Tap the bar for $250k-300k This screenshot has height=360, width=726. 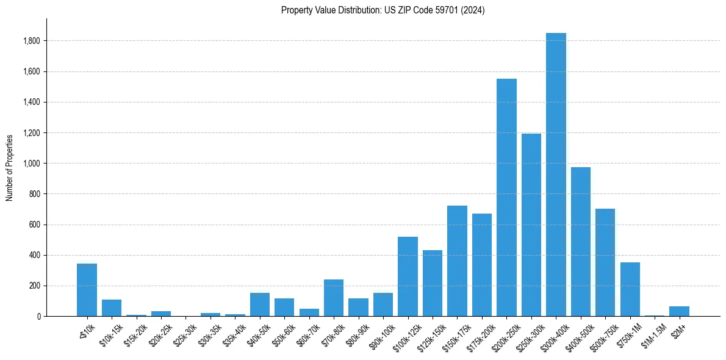click(531, 225)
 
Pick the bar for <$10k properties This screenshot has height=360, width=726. click(87, 290)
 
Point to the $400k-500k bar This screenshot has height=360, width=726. click(581, 242)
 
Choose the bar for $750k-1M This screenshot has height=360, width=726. click(630, 289)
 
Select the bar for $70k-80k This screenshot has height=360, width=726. click(334, 298)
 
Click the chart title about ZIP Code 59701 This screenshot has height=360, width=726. click(383, 10)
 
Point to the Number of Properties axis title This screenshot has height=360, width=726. click(10, 167)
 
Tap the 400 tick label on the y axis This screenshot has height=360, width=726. click(35, 255)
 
